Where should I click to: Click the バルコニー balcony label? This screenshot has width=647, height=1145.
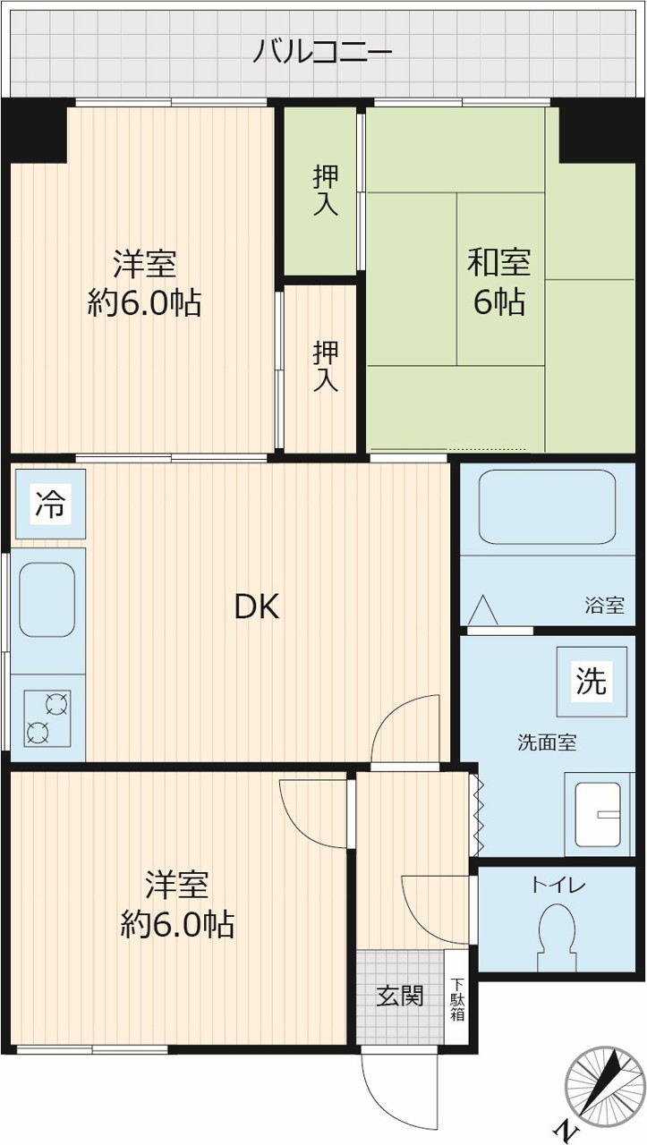323,53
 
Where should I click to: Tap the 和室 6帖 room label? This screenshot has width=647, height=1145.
498,282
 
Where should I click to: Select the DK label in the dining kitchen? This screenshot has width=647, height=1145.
257,607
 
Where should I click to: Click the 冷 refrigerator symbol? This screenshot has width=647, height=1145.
50,504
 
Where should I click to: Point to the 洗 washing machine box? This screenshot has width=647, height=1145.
592,681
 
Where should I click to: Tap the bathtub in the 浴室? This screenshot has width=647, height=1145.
547,507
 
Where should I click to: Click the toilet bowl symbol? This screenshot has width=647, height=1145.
557,937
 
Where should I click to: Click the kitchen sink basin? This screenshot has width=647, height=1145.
47,599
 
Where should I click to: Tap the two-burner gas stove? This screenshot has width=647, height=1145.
47,718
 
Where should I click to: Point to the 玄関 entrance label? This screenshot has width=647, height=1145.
400,996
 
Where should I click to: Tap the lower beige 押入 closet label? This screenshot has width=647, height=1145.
326,366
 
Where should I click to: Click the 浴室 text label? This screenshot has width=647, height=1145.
605,606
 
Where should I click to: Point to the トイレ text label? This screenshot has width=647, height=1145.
558,885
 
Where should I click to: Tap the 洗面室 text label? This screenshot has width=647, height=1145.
547,742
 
